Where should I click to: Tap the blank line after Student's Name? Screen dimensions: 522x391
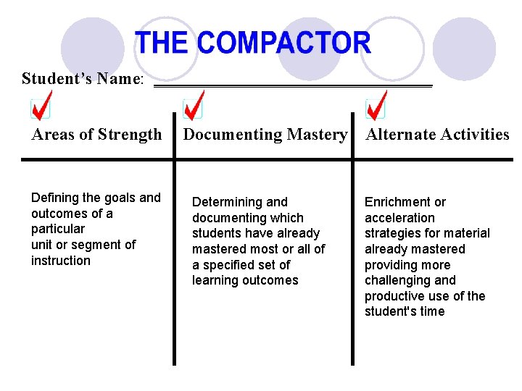click(293, 85)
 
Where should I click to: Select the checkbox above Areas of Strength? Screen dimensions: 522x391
click(41, 109)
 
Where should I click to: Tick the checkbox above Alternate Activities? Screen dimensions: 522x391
click(376, 109)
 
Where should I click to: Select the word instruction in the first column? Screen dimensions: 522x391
click(61, 261)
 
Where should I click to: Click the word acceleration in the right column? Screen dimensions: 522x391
click(399, 218)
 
